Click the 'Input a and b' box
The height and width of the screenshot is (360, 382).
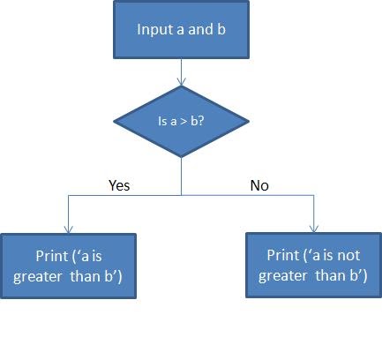[181, 29]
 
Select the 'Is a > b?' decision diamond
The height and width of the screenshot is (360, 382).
[181, 122]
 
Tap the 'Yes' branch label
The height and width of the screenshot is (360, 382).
[119, 185]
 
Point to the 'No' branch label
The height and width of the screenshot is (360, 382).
[259, 185]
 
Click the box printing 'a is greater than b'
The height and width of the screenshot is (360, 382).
[68, 266]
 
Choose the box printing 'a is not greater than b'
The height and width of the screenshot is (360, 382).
[313, 266]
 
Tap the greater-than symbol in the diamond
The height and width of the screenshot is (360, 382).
[184, 122]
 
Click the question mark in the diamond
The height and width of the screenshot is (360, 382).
[201, 121]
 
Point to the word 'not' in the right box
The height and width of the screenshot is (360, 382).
[348, 255]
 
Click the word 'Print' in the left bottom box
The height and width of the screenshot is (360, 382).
[51, 256]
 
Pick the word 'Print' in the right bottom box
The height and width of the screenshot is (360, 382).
[282, 255]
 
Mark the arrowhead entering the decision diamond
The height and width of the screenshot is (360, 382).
[182, 82]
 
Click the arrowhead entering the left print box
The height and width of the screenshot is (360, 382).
[69, 229]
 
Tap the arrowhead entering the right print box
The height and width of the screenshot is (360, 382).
[314, 229]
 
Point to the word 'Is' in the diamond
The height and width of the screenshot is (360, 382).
[162, 121]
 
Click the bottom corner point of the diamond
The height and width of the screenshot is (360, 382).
[181, 157]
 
